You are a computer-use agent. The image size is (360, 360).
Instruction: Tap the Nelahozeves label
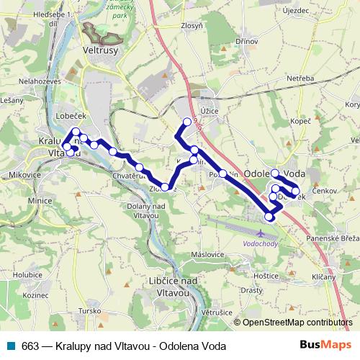click(25, 83)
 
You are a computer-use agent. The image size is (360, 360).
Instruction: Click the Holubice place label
click(28, 274)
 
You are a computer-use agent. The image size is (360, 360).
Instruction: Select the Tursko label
click(90, 310)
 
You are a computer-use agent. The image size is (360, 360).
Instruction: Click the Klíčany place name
click(324, 276)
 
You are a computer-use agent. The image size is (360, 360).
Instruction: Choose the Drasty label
click(252, 291)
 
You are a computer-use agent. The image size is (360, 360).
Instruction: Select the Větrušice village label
click(215, 312)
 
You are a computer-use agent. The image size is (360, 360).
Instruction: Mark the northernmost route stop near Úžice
click(187, 122)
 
